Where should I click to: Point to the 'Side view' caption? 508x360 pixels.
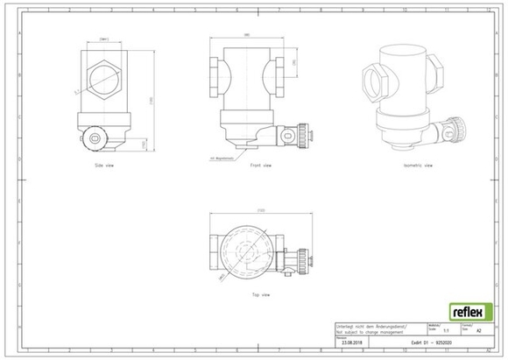104,164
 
